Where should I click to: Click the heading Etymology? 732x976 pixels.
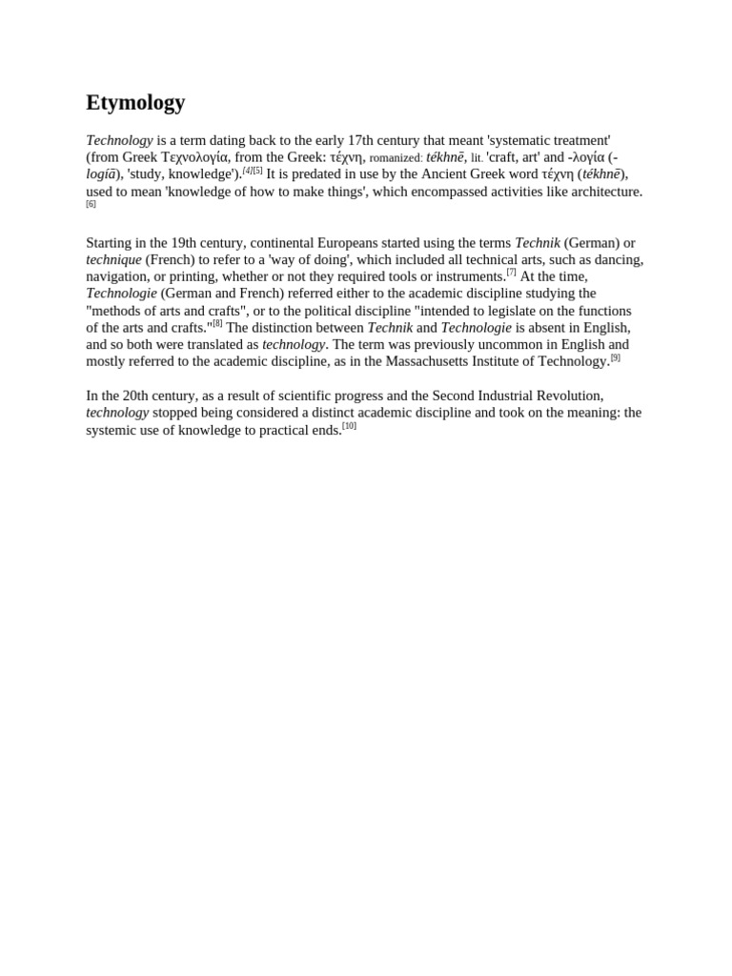[135, 103]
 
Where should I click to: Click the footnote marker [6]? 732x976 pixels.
[91, 204]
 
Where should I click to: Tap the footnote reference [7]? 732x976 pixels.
[511, 272]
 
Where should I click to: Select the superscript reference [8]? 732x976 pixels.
[217, 323]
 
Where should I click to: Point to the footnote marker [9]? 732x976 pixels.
[615, 357]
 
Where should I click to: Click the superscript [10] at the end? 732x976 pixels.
[349, 426]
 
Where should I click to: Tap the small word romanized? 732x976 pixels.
[396, 158]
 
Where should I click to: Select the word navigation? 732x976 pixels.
[117, 276]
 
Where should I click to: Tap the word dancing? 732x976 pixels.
[617, 259]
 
